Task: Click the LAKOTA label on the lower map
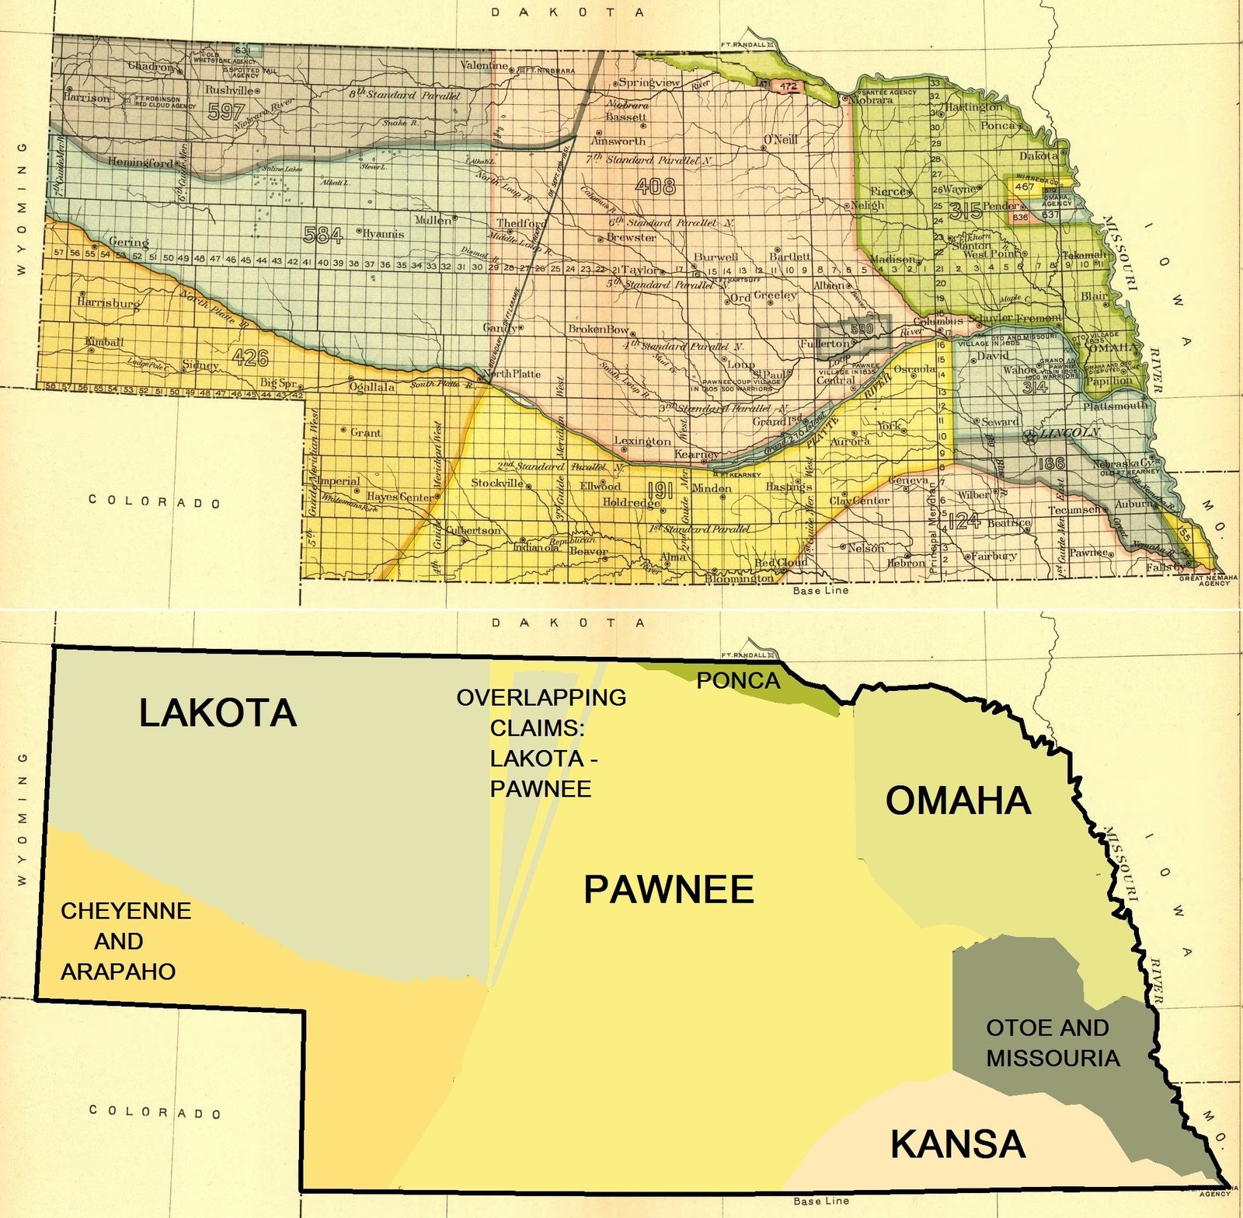(x=218, y=714)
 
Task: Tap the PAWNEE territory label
(x=668, y=890)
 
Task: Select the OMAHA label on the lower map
(x=958, y=801)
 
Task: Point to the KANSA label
(x=957, y=1144)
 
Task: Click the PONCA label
(x=738, y=681)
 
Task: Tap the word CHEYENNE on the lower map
(x=126, y=911)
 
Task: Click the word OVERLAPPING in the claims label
(x=541, y=697)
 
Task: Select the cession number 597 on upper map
(x=226, y=112)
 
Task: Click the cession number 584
(x=323, y=234)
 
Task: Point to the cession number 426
(x=250, y=358)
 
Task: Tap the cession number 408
(x=655, y=187)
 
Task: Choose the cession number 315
(x=966, y=211)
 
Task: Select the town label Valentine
(x=484, y=65)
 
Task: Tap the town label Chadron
(x=151, y=67)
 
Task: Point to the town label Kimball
(x=104, y=342)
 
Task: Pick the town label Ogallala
(x=372, y=387)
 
